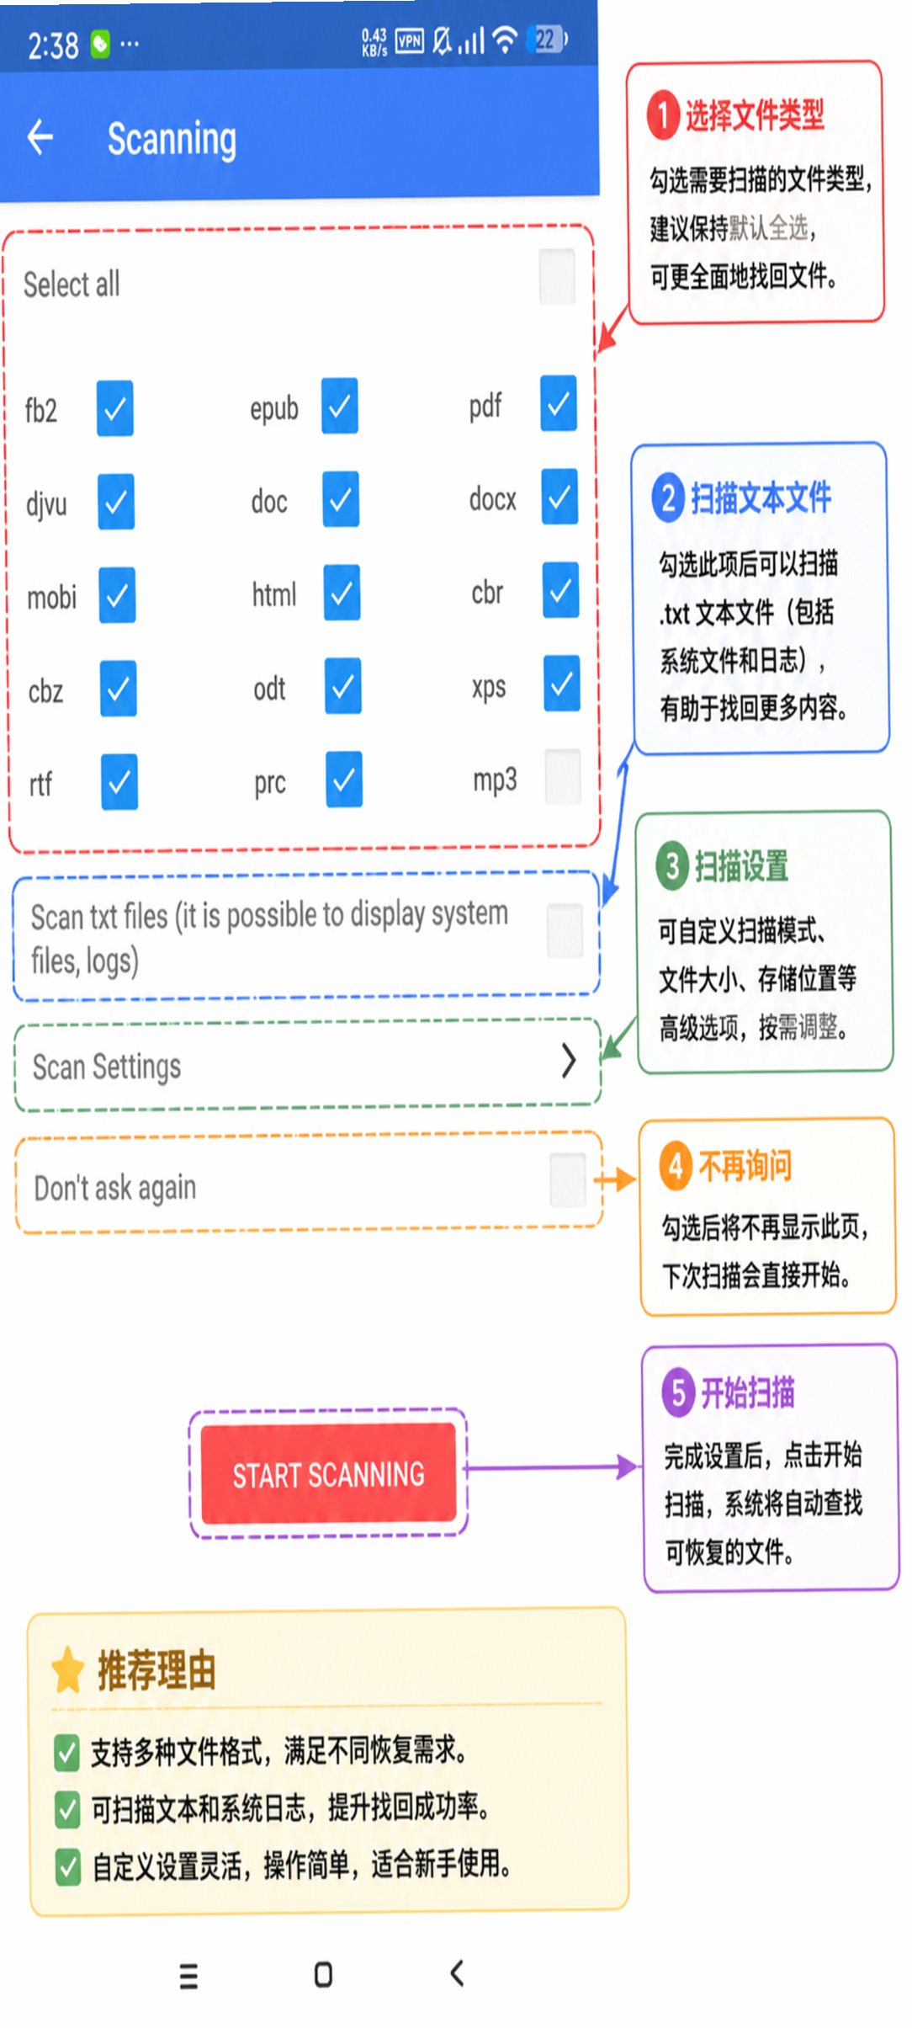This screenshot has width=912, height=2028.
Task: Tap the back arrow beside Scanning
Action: tap(40, 137)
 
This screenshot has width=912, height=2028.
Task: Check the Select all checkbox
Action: tap(557, 276)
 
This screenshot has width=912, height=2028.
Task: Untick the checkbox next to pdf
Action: tap(559, 403)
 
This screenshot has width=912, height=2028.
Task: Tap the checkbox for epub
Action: tap(339, 407)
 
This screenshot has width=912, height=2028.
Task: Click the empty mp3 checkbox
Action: tap(563, 776)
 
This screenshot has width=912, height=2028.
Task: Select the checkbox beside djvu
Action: tap(116, 502)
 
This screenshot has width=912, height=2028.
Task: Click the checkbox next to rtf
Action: tap(119, 782)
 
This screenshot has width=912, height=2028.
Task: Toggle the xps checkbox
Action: tap(561, 683)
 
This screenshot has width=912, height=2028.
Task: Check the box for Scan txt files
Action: tap(565, 930)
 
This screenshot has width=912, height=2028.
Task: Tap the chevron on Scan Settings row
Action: tap(569, 1061)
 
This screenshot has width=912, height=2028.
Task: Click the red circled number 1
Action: tap(663, 115)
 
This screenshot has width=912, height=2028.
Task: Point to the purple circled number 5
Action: tap(678, 1392)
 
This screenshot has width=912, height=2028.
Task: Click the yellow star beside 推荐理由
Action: tap(67, 1670)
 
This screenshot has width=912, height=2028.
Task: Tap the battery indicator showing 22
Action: tap(547, 39)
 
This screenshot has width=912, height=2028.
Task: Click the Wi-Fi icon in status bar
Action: tap(505, 39)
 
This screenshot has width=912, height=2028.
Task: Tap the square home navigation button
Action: tap(323, 1974)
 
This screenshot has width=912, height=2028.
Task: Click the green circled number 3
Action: tap(672, 865)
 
